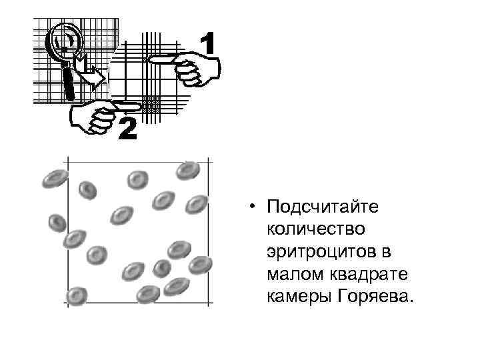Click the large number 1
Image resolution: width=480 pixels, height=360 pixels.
coord(207,45)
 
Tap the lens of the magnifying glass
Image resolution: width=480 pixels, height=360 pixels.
coord(65,41)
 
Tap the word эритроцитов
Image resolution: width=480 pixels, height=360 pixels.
coord(320,251)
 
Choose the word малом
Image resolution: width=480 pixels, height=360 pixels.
coord(291,273)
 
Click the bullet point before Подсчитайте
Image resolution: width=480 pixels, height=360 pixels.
coord(253,207)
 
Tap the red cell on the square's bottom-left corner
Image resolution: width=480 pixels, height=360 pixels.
coord(77,295)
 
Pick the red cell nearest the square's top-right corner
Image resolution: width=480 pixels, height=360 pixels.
coord(187,171)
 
